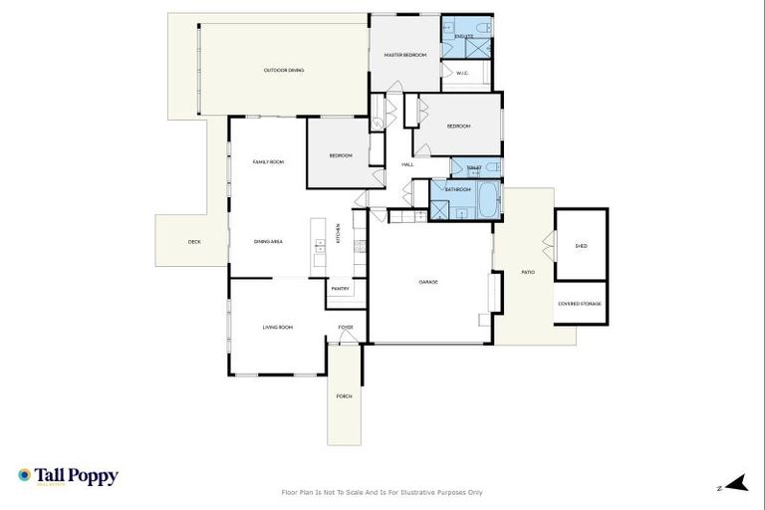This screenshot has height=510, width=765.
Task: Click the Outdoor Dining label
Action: pyautogui.click(x=284, y=71)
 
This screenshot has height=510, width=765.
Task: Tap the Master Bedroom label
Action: pyautogui.click(x=405, y=55)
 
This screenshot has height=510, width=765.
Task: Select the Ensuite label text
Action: pyautogui.click(x=464, y=37)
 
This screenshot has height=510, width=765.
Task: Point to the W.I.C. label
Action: pyautogui.click(x=462, y=73)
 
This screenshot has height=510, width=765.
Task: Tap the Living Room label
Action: pyautogui.click(x=277, y=327)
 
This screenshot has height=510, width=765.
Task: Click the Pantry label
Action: pyautogui.click(x=340, y=289)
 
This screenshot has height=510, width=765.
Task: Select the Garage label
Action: pyautogui.click(x=428, y=282)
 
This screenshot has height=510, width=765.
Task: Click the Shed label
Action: pyautogui.click(x=581, y=245)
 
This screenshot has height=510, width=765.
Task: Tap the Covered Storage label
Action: pyautogui.click(x=580, y=303)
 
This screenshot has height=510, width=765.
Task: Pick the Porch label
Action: pyautogui.click(x=344, y=395)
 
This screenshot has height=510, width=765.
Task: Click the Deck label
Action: pyautogui.click(x=194, y=241)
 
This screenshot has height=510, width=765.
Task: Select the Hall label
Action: pyautogui.click(x=407, y=164)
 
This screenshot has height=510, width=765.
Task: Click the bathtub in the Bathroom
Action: pyautogui.click(x=487, y=202)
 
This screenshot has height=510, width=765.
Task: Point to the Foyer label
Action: pyautogui.click(x=346, y=327)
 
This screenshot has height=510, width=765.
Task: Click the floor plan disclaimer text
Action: pyautogui.click(x=382, y=492)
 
